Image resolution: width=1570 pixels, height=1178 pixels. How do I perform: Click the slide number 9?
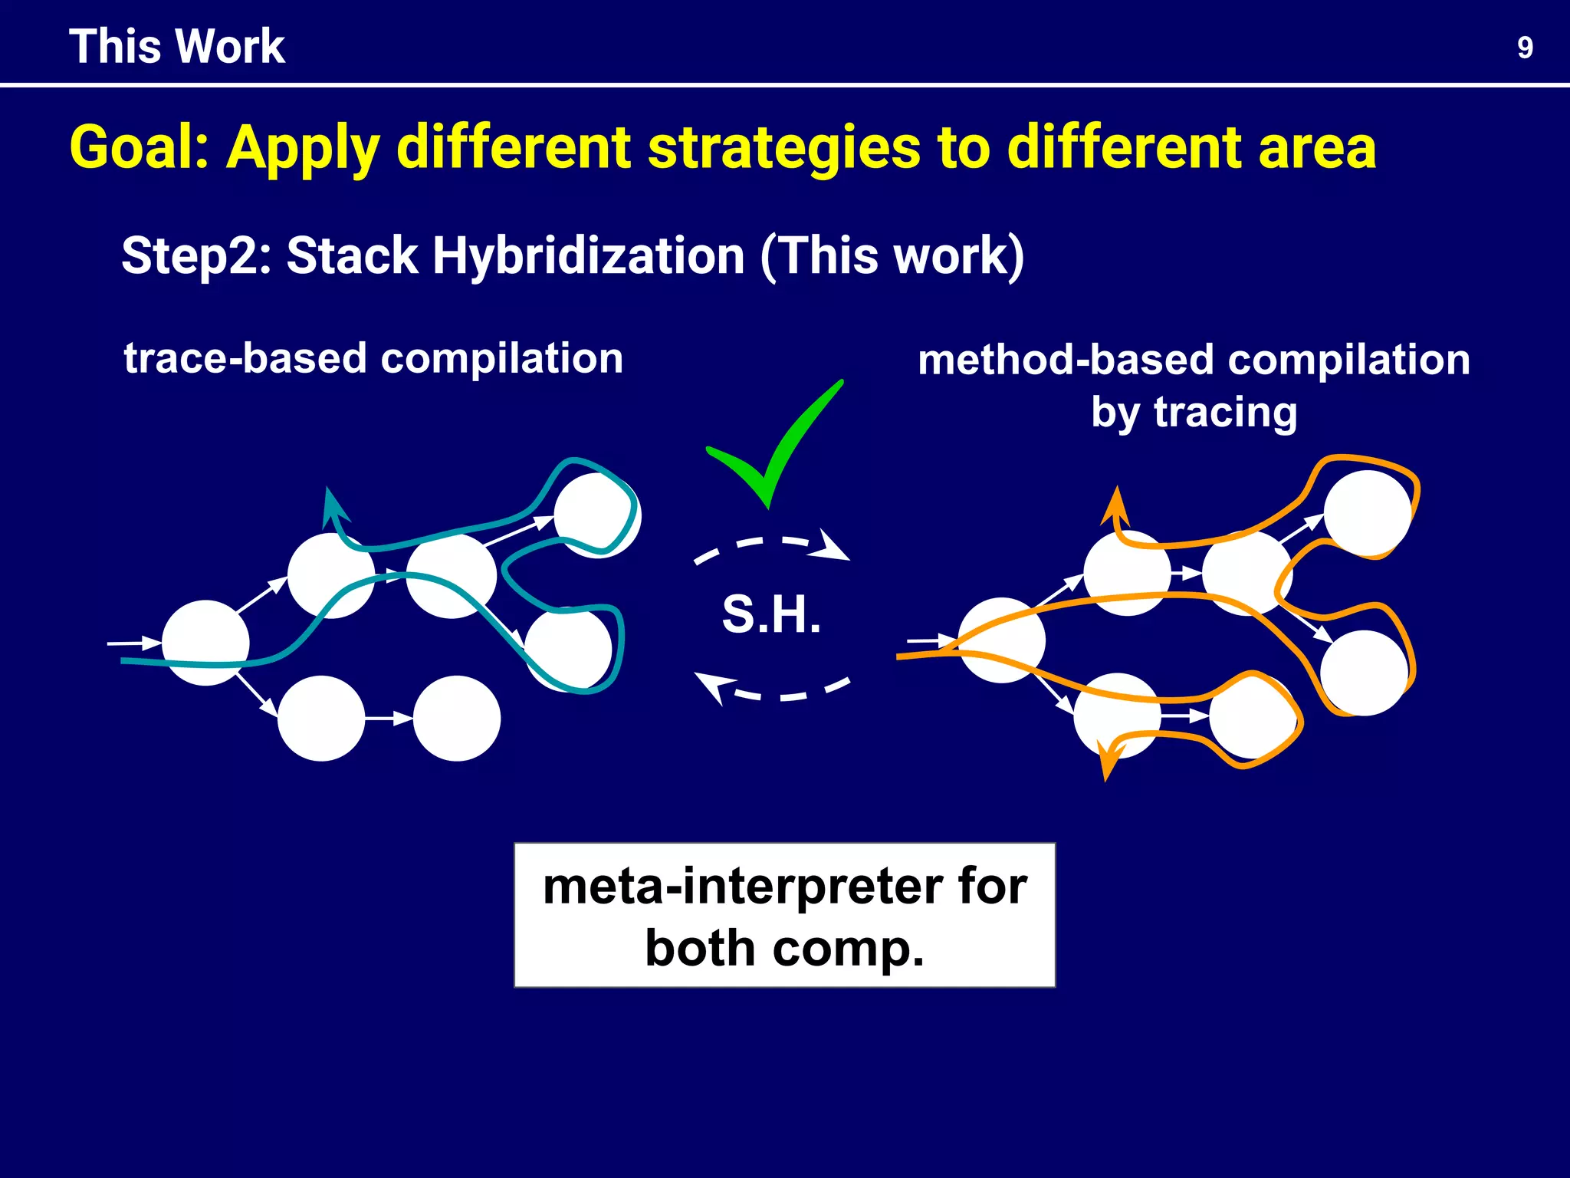(1525, 48)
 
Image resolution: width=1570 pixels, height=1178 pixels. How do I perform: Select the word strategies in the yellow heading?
(784, 147)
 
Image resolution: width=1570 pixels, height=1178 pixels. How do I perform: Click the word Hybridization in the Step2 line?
(589, 255)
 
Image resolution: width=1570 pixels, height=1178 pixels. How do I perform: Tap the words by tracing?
(1194, 413)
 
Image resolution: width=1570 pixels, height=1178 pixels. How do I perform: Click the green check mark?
(774, 449)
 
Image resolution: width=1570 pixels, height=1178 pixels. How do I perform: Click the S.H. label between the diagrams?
(771, 615)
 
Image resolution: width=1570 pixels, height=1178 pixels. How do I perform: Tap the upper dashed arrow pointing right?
(774, 545)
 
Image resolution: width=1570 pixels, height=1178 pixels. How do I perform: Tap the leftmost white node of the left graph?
(205, 643)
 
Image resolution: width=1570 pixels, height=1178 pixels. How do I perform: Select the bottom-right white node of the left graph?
(457, 718)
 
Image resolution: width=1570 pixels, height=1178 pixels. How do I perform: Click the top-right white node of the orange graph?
(1367, 512)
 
